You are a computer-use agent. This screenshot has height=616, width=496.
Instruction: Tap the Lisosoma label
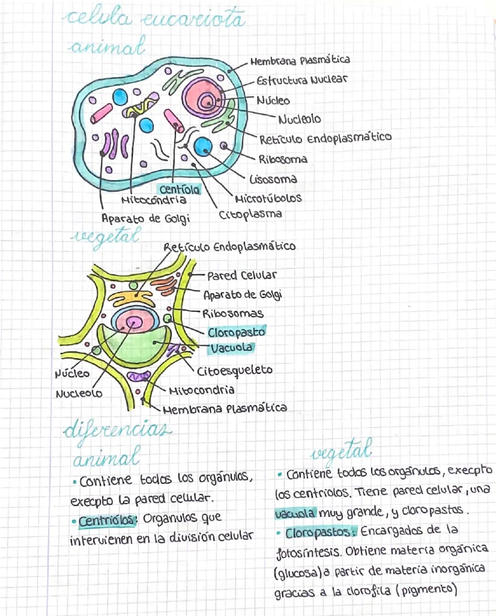273,179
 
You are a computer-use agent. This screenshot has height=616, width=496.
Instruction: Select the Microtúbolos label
268,199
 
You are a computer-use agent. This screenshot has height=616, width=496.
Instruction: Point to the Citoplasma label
250,214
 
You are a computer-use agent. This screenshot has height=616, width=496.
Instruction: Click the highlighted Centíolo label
180,189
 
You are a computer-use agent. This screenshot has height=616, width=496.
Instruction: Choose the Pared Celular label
242,275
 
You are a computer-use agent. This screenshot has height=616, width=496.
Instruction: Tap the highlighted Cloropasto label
236,332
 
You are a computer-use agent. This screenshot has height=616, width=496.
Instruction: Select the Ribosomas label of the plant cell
233,314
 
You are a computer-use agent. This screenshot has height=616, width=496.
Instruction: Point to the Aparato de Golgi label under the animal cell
146,218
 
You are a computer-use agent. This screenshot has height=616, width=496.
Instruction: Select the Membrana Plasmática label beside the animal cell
300,60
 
